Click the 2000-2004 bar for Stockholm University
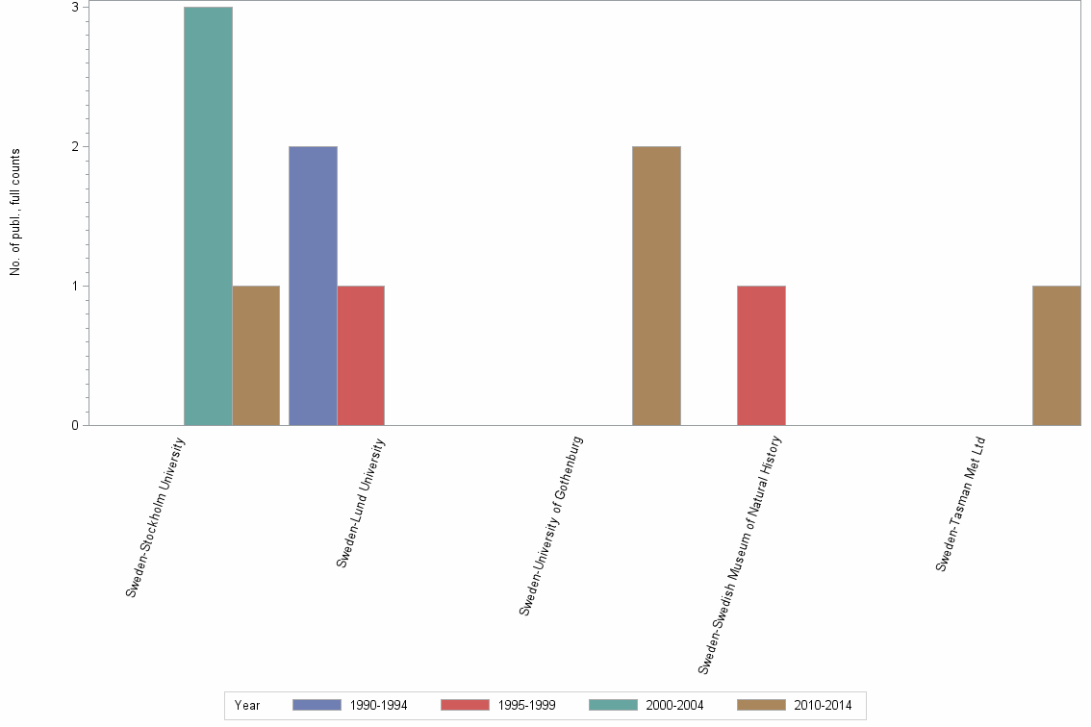[x=208, y=216]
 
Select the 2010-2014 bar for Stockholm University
[x=256, y=356]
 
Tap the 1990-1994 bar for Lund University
[x=313, y=286]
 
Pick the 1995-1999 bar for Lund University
[x=361, y=356]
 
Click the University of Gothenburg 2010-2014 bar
[x=656, y=286]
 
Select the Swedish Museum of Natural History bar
[x=761, y=356]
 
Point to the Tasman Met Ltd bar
[x=1056, y=356]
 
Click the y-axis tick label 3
[x=74, y=8]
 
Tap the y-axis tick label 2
[x=74, y=147]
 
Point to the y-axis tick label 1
[x=74, y=287]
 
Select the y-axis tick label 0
[x=74, y=426]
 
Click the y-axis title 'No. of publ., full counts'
[x=15, y=213]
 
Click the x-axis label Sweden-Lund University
[x=361, y=502]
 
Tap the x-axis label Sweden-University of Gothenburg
[x=551, y=525]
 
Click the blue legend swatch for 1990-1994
[x=317, y=705]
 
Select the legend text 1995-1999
[x=526, y=705]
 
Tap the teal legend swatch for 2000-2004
[x=613, y=705]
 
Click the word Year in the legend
[x=247, y=705]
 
